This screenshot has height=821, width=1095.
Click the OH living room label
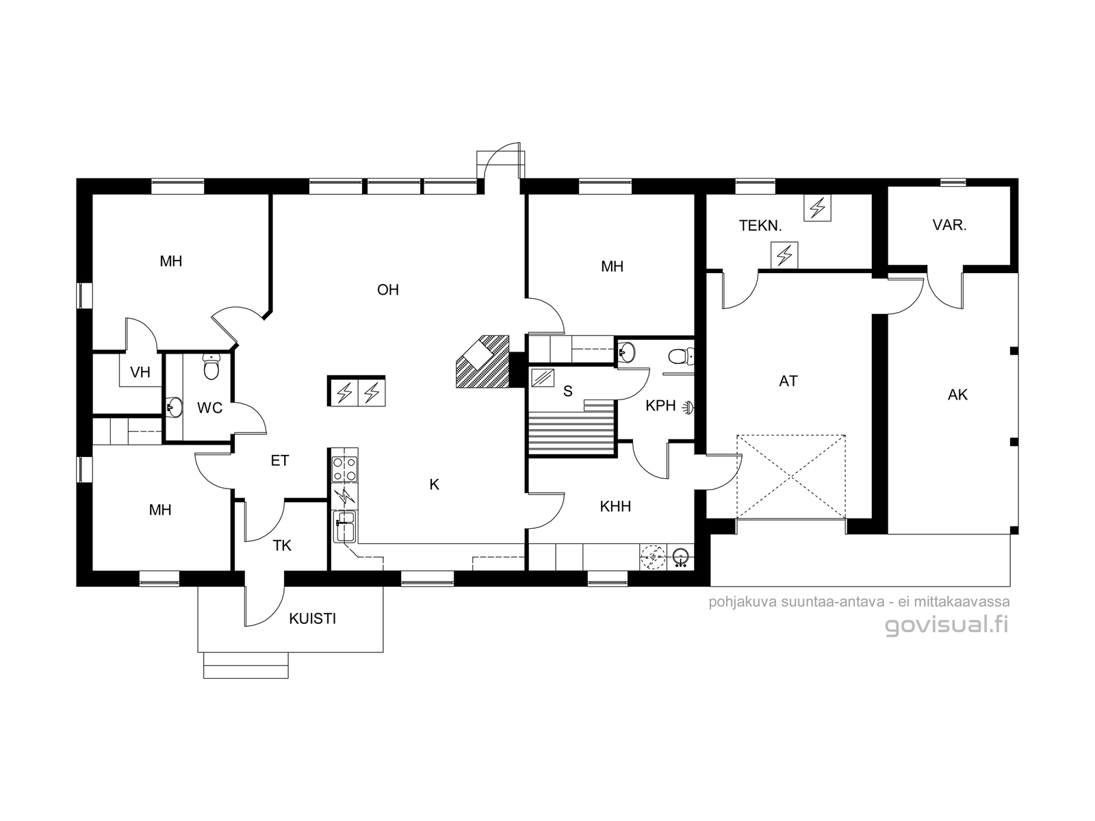click(387, 289)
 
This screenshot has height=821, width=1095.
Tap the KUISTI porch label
click(312, 618)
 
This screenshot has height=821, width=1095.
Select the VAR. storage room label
click(949, 225)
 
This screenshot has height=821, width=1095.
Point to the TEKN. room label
click(760, 226)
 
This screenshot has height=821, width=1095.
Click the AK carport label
click(957, 395)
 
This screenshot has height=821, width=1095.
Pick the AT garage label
click(788, 381)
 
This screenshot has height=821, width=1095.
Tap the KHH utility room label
click(615, 506)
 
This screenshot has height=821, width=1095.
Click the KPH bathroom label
click(660, 406)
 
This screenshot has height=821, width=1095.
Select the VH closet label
click(140, 372)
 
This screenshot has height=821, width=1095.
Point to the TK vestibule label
click(282, 546)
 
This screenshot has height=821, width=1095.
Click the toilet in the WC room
click(211, 367)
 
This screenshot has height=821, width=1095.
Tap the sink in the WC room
click(174, 407)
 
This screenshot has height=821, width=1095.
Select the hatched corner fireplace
click(482, 362)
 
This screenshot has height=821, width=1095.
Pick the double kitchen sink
click(345, 526)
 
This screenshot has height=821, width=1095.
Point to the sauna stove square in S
click(542, 378)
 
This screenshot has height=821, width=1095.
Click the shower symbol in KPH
click(688, 408)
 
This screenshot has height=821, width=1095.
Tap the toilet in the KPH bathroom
click(680, 356)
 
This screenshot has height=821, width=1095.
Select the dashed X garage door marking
click(791, 477)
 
